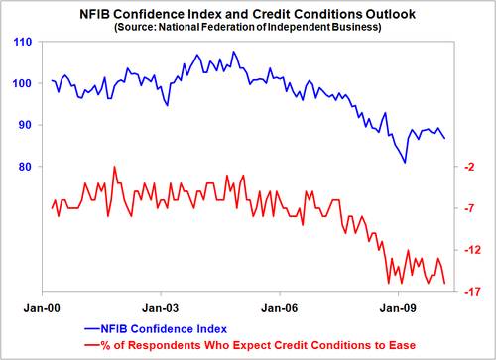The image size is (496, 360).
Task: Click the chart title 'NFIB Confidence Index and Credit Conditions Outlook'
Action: coord(248,14)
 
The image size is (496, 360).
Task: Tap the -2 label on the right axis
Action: coord(466,168)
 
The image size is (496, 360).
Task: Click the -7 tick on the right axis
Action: coord(466,208)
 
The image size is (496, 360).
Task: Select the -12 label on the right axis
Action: coord(468,250)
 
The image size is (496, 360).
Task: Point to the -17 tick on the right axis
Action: coord(468,292)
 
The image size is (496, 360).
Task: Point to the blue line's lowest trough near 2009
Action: coord(405,162)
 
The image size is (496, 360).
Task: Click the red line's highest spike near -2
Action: coord(115,167)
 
